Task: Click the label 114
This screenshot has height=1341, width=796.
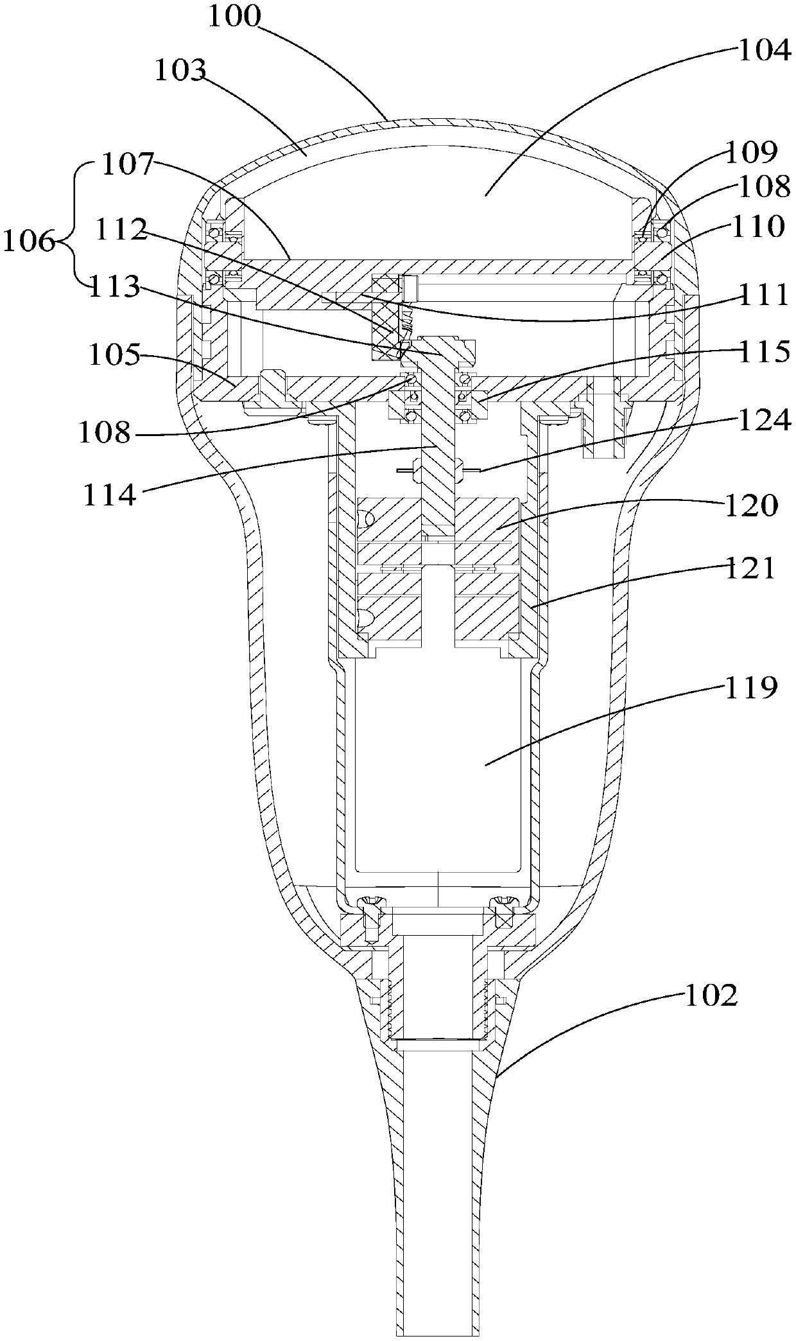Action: click(x=109, y=495)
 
